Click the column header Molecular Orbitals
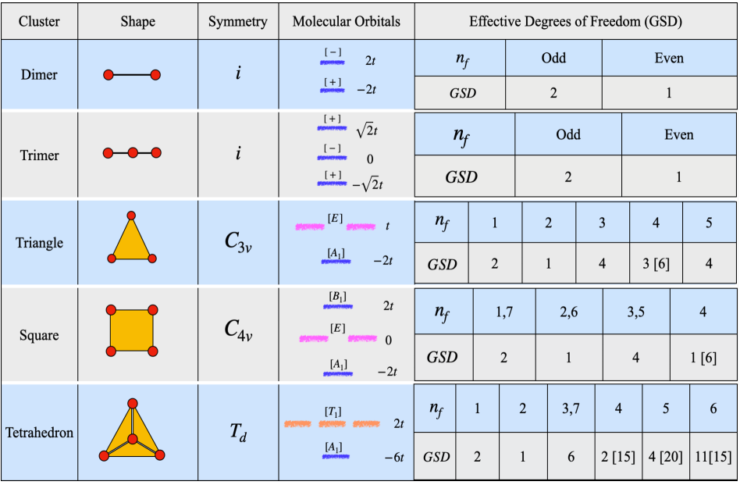pyautogui.click(x=346, y=21)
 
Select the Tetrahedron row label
pyautogui.click(x=39, y=432)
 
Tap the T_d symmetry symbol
pyautogui.click(x=237, y=432)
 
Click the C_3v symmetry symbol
pyautogui.click(x=237, y=242)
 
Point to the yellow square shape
pyautogui.click(x=131, y=330)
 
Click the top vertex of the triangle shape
pyautogui.click(x=131, y=215)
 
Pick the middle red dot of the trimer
pyautogui.click(x=132, y=153)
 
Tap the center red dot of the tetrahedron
pyautogui.click(x=132, y=440)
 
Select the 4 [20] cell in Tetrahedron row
pyautogui.click(x=666, y=456)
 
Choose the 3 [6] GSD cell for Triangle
pyautogui.click(x=656, y=263)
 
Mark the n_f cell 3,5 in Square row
pyautogui.click(x=635, y=312)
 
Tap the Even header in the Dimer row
pyautogui.click(x=668, y=58)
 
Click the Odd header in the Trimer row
pyautogui.click(x=568, y=134)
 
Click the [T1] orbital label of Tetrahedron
pyautogui.click(x=333, y=411)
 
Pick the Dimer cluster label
pyautogui.click(x=39, y=75)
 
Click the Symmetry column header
pyautogui.click(x=237, y=21)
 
